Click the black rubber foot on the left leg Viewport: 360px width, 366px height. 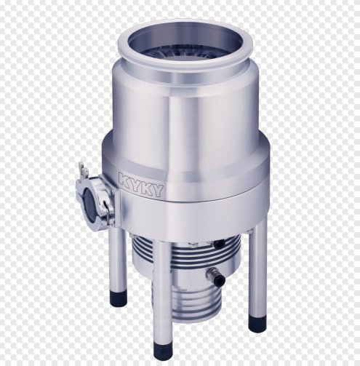pos(116,298)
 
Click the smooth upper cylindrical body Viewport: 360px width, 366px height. pos(182,109)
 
